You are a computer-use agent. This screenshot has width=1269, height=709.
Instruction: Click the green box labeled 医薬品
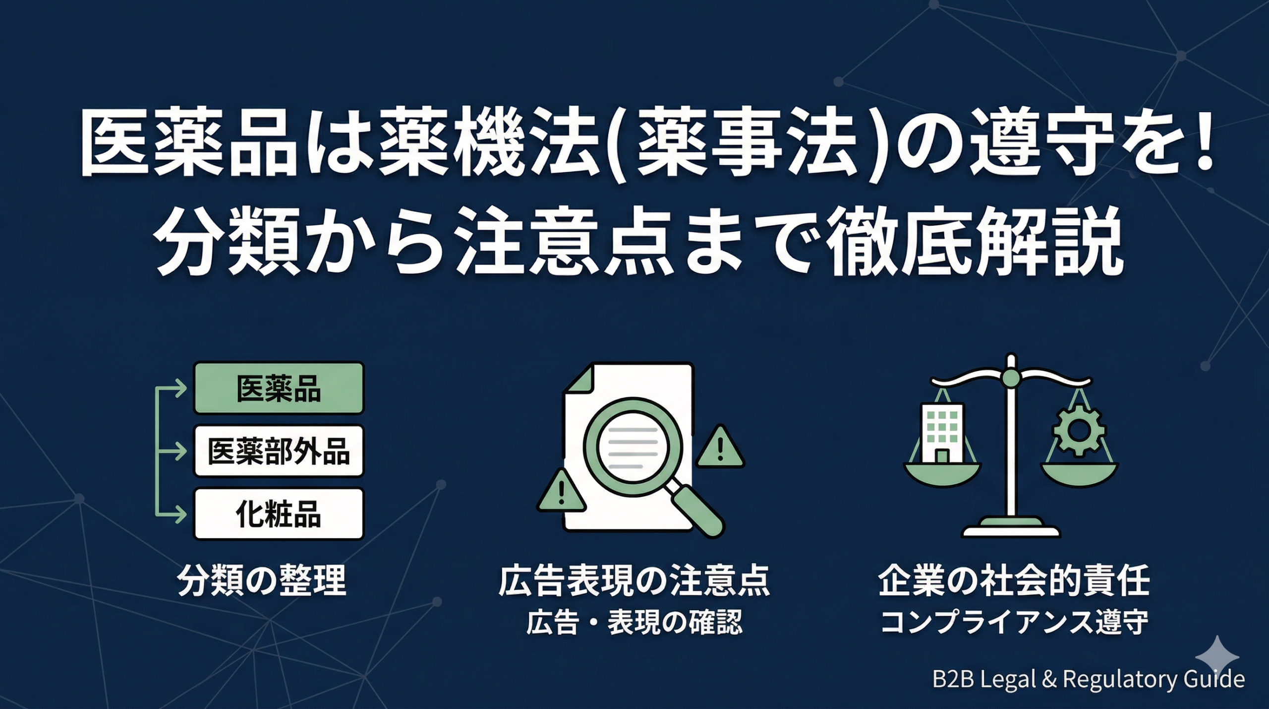click(x=279, y=387)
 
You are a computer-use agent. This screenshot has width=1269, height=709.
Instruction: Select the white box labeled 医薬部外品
click(x=279, y=451)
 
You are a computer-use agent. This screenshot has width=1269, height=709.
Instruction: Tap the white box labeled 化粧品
click(x=279, y=514)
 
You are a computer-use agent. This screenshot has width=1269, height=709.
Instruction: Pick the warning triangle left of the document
click(x=562, y=490)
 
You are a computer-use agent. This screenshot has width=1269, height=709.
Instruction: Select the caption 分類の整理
click(x=262, y=581)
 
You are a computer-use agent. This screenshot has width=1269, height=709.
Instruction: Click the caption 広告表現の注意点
click(x=634, y=581)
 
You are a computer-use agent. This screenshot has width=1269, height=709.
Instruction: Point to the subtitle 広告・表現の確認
click(x=634, y=623)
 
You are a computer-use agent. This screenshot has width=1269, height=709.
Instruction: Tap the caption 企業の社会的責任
click(x=1014, y=581)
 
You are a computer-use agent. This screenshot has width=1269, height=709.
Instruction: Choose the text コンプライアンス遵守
click(x=1014, y=623)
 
